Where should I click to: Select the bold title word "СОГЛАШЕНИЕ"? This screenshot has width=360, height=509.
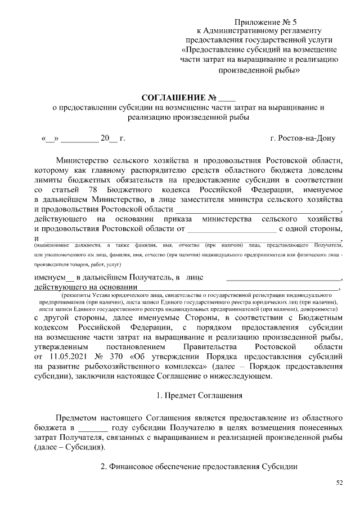click(173, 96)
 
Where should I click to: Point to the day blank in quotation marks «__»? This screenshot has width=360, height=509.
click(49, 138)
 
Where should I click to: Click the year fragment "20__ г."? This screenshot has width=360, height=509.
click(112, 138)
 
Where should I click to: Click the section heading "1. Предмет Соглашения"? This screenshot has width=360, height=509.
click(199, 395)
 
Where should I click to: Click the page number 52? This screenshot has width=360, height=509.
click(339, 483)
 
